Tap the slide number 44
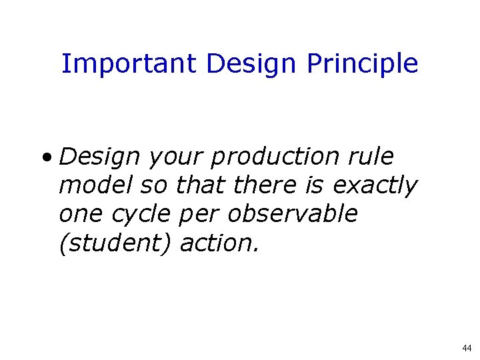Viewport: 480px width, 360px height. click(466, 348)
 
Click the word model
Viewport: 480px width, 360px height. click(96, 186)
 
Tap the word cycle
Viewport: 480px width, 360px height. click(140, 215)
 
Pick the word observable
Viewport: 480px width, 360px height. click(293, 215)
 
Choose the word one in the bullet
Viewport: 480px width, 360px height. click(77, 215)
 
